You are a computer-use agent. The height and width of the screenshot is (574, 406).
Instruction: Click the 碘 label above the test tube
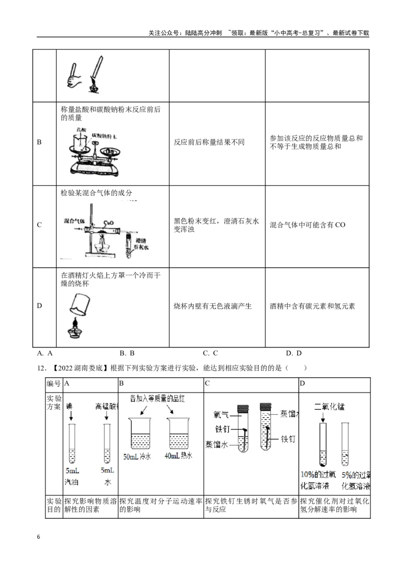click(70, 407)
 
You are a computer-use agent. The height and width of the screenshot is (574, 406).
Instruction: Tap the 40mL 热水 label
click(179, 456)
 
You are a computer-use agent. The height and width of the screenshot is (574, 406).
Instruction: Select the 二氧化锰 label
click(330, 407)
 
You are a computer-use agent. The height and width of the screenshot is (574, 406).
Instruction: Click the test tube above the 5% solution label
click(345, 444)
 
